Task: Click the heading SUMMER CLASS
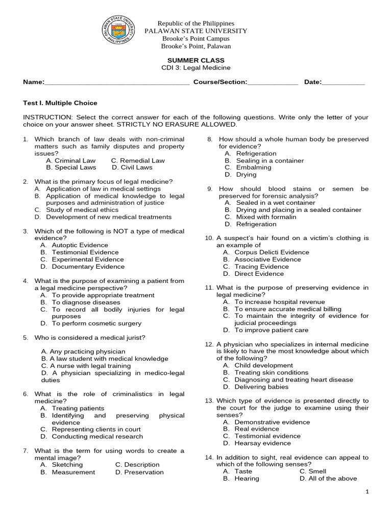[196, 60]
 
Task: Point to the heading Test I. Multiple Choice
[60, 103]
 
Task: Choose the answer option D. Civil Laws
[132, 167]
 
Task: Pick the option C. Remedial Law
[138, 160]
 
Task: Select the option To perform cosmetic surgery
[90, 323]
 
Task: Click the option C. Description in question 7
[137, 465]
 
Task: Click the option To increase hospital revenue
[274, 302]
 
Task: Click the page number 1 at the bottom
[367, 491]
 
